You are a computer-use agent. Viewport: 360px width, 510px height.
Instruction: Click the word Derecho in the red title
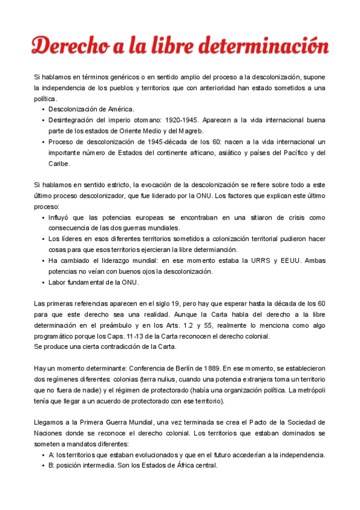tap(66, 45)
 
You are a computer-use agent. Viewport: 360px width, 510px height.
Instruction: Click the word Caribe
tap(59, 164)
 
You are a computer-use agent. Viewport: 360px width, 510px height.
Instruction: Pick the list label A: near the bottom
tap(52, 454)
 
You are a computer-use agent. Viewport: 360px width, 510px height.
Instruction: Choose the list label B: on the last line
tap(52, 465)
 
